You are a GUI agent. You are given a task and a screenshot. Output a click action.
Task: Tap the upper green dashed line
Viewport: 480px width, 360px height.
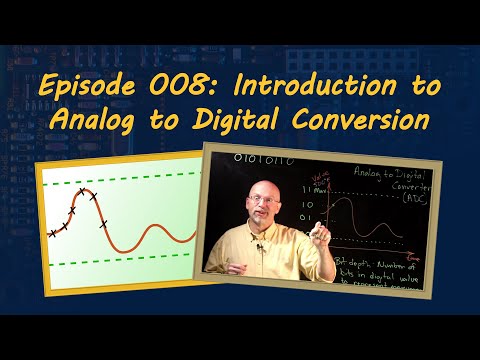[x=120, y=178]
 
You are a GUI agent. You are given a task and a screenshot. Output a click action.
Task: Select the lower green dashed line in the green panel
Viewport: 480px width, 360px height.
[x=120, y=265]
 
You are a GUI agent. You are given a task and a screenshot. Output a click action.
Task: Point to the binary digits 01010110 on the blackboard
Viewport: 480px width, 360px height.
[x=243, y=158]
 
